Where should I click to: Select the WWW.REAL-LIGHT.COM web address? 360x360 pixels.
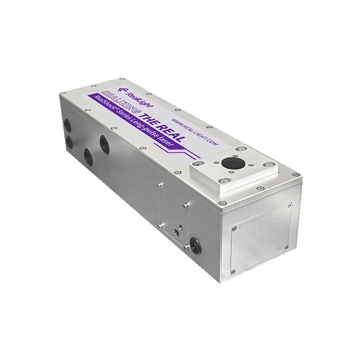pos(195,131)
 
